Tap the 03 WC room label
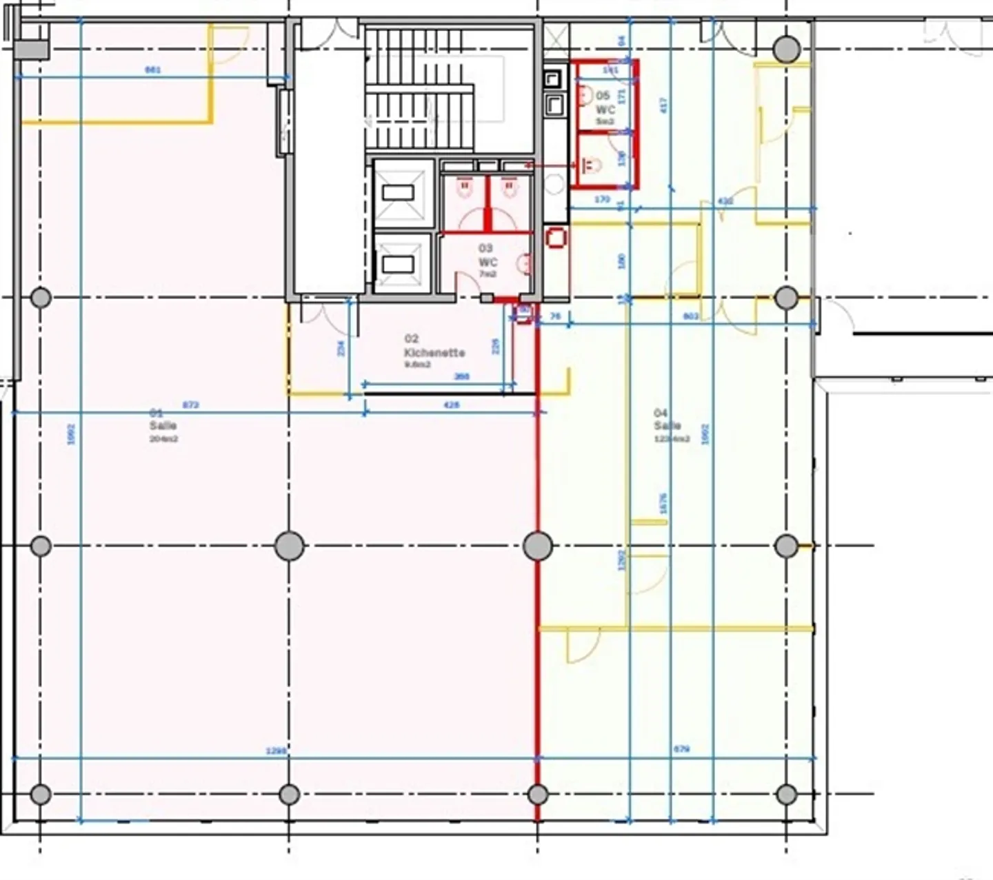(487, 260)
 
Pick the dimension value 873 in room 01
(190, 405)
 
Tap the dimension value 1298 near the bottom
(276, 750)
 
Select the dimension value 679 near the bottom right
(681, 749)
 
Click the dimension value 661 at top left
(153, 70)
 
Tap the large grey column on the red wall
(537, 546)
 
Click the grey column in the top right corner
(786, 50)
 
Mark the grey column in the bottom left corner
(41, 794)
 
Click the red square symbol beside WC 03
(555, 238)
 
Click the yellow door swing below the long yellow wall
(581, 646)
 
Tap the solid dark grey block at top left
(32, 50)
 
